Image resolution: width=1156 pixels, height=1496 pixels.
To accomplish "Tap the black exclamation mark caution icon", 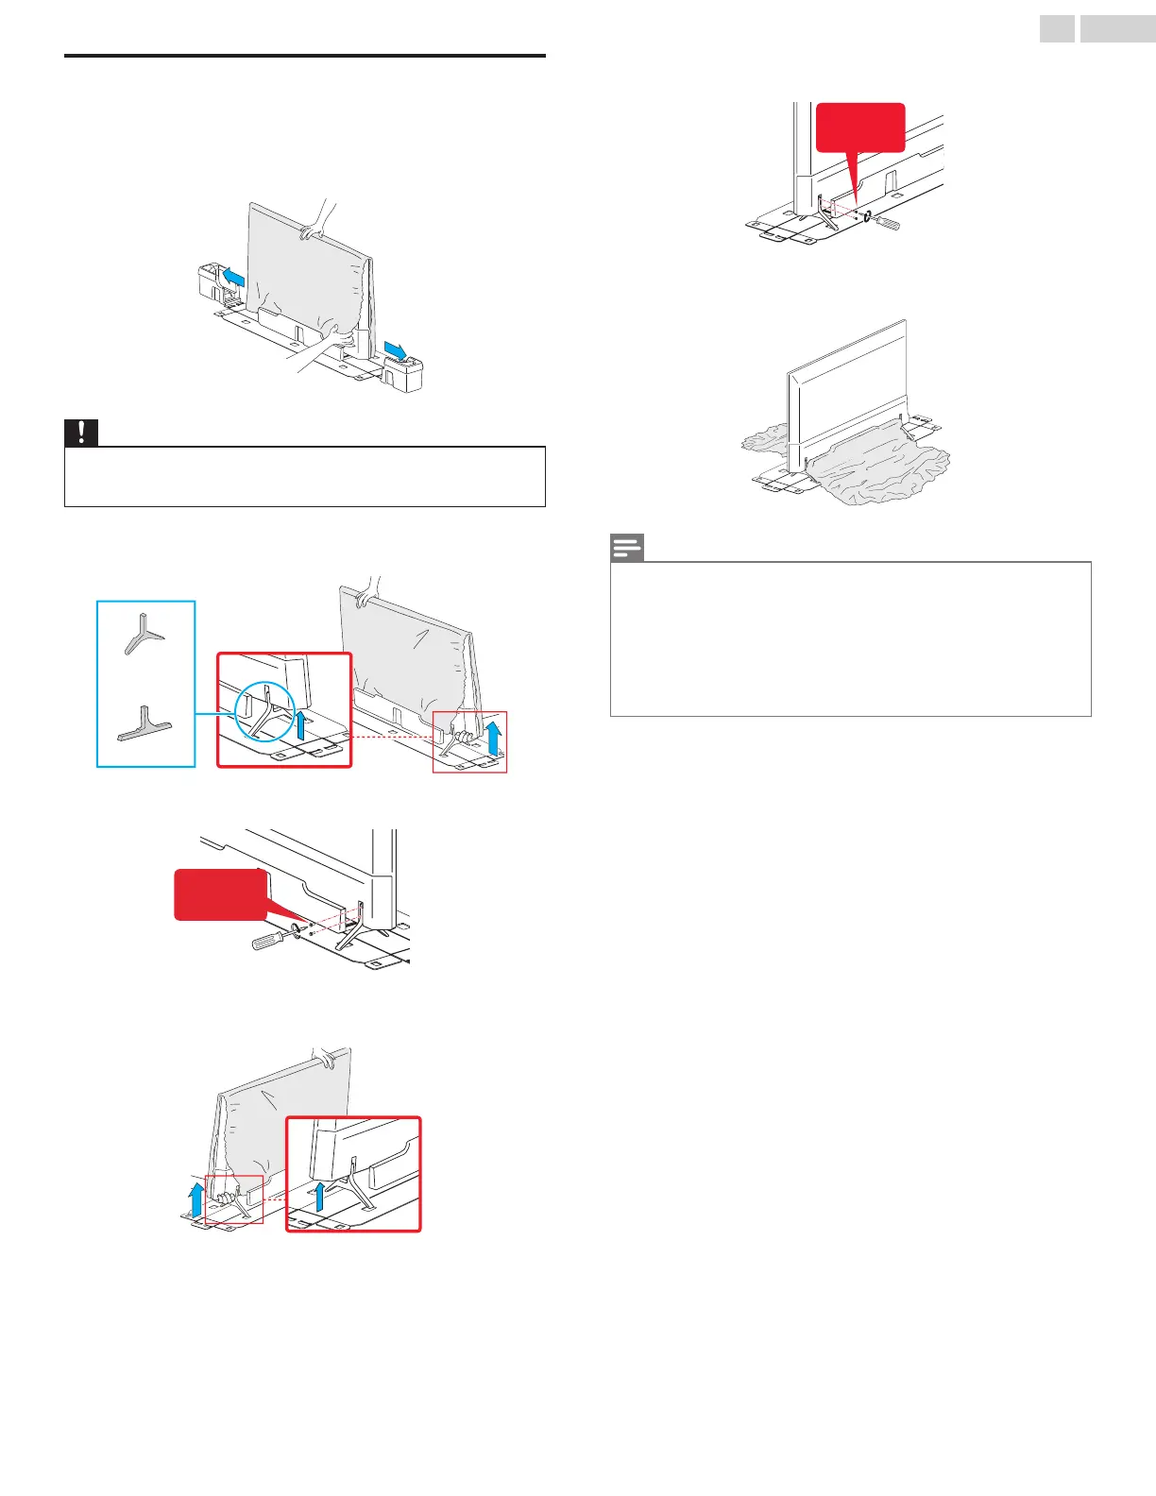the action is click(x=81, y=432).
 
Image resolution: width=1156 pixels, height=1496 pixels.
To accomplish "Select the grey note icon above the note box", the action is click(x=627, y=547).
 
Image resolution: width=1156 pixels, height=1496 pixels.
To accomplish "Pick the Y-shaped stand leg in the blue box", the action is click(x=144, y=634).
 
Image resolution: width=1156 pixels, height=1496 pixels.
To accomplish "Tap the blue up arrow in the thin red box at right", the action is click(x=493, y=731).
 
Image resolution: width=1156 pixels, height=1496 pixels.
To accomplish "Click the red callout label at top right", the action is click(x=859, y=127).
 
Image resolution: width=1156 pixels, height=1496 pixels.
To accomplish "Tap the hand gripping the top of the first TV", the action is click(x=315, y=222).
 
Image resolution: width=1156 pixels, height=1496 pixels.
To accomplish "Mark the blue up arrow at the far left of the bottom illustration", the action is click(x=195, y=1199).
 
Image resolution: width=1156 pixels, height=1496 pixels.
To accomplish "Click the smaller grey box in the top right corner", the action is click(x=1057, y=29).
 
